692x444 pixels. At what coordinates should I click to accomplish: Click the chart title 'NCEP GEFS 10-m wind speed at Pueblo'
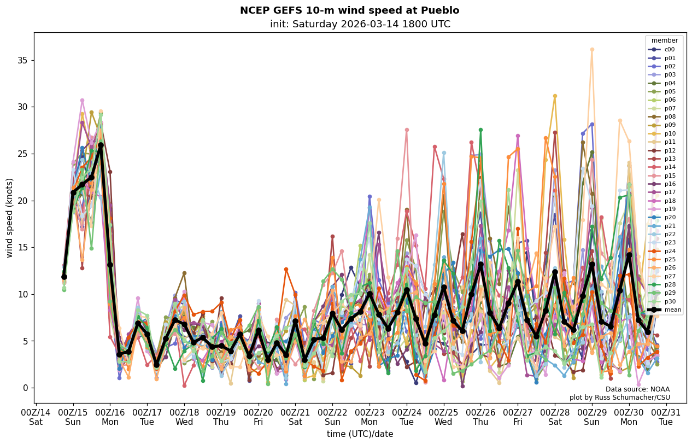click(x=349, y=10)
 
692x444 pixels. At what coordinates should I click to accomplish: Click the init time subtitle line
click(x=360, y=24)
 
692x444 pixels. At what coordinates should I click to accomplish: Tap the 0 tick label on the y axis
click(x=25, y=388)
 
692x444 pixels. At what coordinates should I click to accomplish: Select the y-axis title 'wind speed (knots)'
click(x=9, y=218)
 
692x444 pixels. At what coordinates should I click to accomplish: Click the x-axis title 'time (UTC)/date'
click(x=360, y=434)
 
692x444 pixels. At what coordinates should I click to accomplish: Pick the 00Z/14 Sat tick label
click(x=36, y=417)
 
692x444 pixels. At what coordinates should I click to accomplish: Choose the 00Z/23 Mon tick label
click(x=370, y=417)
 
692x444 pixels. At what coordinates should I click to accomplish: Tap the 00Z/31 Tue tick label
click(x=666, y=417)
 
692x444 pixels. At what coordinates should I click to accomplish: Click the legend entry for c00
click(x=669, y=49)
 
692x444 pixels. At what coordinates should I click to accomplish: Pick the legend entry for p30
click(x=670, y=301)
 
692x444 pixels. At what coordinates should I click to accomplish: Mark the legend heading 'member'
click(x=664, y=40)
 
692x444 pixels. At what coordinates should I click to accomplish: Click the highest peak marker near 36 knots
click(x=592, y=49)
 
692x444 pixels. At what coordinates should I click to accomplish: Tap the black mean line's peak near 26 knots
click(x=101, y=145)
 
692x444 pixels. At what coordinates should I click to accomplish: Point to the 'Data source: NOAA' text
click(x=637, y=389)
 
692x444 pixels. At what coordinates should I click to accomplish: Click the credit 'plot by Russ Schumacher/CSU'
click(x=619, y=398)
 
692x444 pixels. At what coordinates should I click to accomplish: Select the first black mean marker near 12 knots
click(x=64, y=277)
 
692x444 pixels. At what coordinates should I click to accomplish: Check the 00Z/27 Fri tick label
click(x=518, y=417)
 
